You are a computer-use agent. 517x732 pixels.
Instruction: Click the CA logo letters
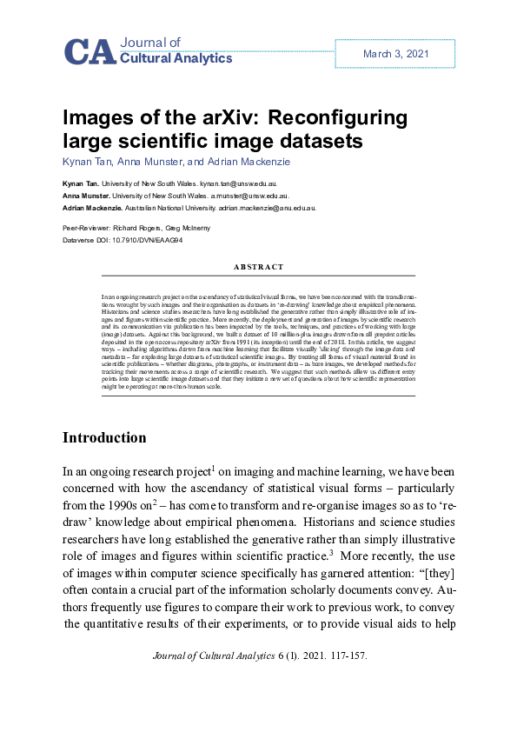89,52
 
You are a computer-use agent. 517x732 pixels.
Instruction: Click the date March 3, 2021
396,54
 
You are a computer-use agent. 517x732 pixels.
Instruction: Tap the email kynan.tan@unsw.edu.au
238,184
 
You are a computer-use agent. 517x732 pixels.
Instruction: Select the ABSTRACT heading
239,268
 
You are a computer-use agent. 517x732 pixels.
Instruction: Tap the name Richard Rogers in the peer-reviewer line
142,226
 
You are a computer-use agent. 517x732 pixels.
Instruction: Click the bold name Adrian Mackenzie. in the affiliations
91,209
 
